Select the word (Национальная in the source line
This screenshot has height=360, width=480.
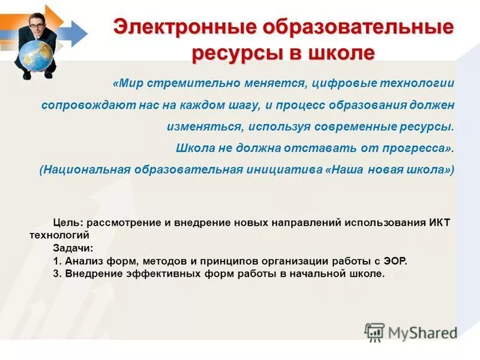coord(85,169)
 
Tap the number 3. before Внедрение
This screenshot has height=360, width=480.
coord(57,274)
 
